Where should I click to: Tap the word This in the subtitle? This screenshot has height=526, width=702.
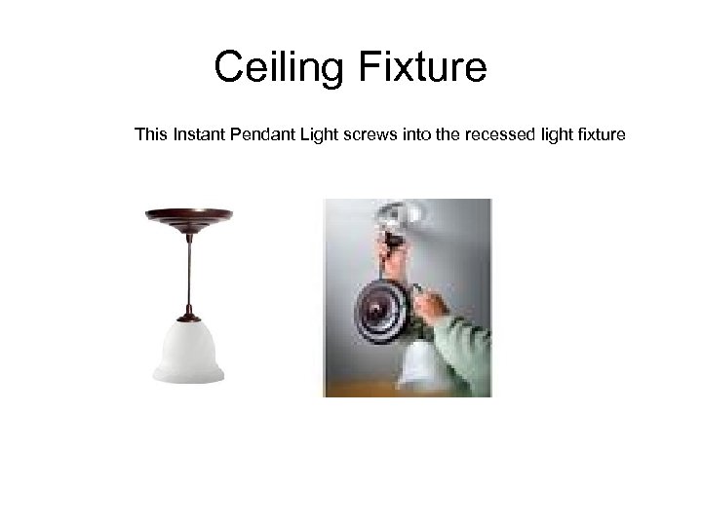[151, 133]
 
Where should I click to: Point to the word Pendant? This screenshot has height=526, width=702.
[260, 133]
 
